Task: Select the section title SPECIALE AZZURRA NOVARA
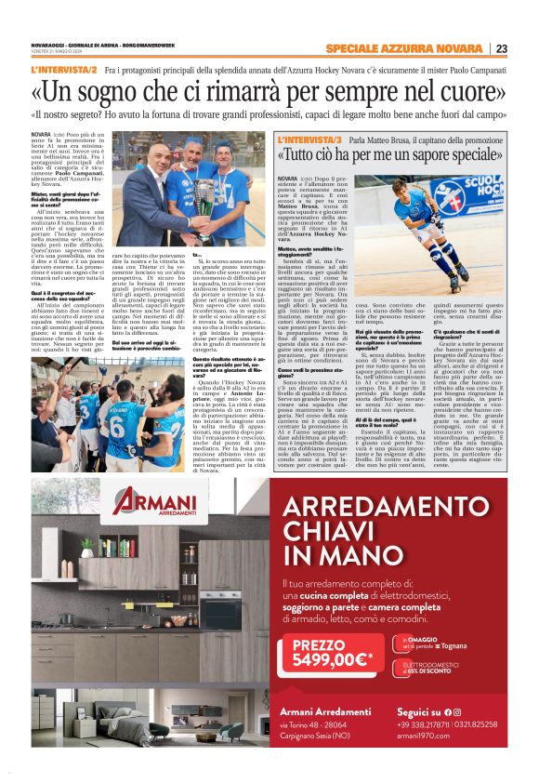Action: click(x=418, y=49)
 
